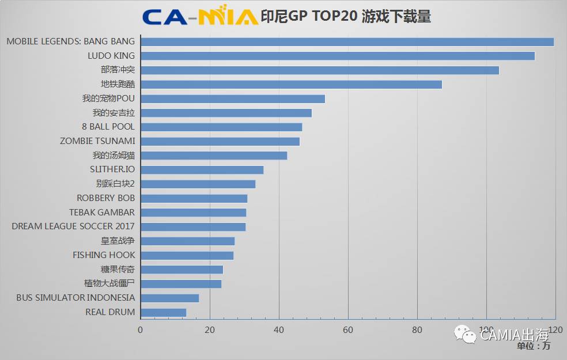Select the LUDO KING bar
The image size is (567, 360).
coord(338,56)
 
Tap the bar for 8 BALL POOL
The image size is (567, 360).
coord(221,127)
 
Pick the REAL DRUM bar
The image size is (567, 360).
coord(163,312)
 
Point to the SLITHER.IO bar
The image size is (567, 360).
coord(202,170)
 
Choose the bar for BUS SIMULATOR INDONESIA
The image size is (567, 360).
coord(169,298)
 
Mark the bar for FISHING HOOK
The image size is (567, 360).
coord(187,255)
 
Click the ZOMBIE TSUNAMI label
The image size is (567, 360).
coord(97,141)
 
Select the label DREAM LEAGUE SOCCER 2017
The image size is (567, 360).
coord(73,226)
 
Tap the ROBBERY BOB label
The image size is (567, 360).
coord(105,198)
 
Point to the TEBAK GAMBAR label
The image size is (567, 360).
coord(102,213)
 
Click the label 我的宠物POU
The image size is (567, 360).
coord(108,98)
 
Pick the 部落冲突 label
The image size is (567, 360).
coord(118,70)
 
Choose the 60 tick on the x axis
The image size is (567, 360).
coord(348,330)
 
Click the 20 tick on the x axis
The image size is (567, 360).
coord(210,330)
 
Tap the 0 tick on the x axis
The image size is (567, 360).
coord(141,330)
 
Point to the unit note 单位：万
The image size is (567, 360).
coord(533,346)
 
